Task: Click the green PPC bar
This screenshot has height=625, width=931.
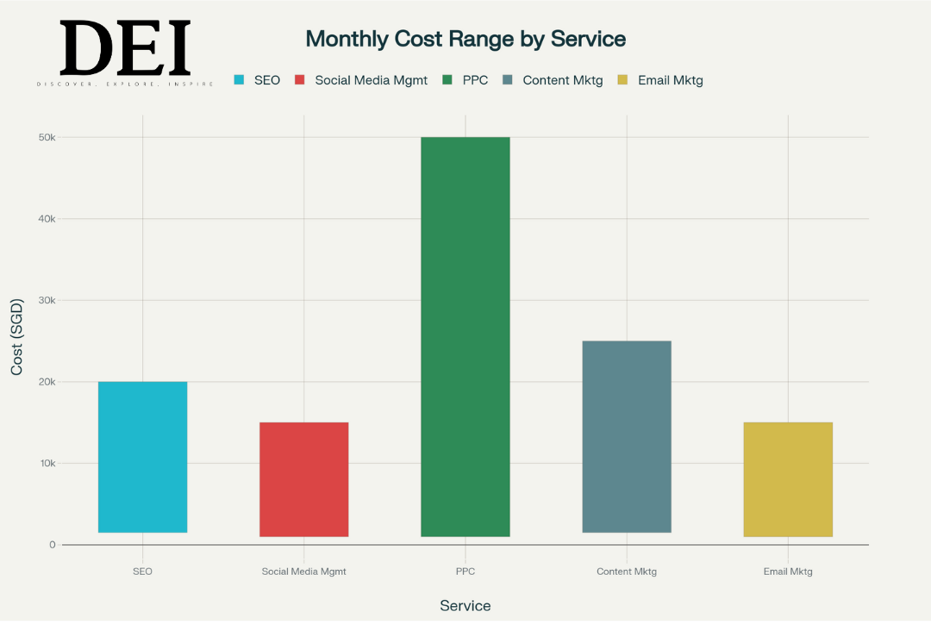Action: [x=465, y=336]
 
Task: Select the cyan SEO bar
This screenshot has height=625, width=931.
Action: [x=142, y=457]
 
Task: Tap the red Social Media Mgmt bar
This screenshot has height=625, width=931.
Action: [x=303, y=479]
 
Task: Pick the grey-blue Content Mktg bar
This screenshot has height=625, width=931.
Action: [x=627, y=436]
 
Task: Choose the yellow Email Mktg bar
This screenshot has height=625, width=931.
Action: [x=788, y=479]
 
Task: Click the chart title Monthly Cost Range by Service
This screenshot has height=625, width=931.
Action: [x=465, y=39]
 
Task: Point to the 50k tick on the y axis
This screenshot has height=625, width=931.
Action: [x=47, y=138]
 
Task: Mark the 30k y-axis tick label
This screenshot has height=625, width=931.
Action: [x=47, y=301]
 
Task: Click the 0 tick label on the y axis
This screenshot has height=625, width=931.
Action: [x=53, y=545]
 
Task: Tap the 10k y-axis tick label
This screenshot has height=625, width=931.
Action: [x=47, y=464]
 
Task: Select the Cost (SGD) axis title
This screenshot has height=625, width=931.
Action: [x=17, y=336]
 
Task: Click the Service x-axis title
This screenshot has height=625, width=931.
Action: [x=465, y=606]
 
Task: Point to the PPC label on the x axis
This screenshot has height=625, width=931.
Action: [x=465, y=572]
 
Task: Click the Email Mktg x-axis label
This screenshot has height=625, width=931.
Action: [x=788, y=572]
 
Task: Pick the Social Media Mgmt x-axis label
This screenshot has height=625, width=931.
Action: [x=303, y=572]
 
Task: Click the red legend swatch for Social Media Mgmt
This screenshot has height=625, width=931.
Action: [x=300, y=80]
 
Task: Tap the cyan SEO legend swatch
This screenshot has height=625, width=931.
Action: [x=240, y=80]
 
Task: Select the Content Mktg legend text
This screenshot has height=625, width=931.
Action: [x=562, y=80]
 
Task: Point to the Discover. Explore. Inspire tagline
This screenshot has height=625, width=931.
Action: [x=125, y=84]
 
